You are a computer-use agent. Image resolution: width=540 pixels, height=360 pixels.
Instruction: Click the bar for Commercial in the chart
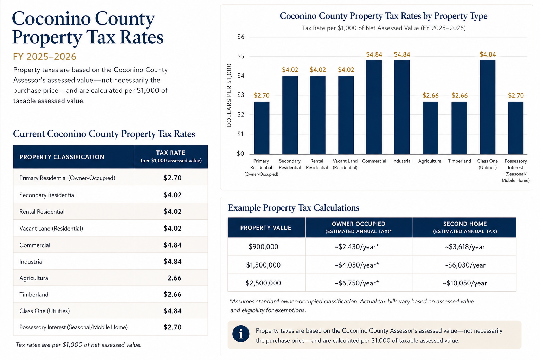(x=374, y=107)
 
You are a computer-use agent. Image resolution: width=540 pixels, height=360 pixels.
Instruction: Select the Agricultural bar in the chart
(x=430, y=128)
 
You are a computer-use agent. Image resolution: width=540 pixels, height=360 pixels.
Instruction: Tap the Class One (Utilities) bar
(x=488, y=107)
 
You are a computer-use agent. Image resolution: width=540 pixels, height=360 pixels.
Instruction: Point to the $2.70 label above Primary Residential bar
(x=262, y=96)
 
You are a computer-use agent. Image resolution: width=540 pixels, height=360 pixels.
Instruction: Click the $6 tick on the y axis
(x=241, y=37)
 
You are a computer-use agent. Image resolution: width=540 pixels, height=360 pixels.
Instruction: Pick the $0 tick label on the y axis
(x=240, y=154)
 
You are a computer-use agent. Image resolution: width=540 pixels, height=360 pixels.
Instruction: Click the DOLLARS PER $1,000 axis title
(x=229, y=95)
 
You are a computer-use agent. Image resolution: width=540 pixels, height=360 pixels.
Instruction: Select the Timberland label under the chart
(x=459, y=161)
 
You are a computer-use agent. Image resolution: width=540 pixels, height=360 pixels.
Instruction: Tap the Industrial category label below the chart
(x=402, y=161)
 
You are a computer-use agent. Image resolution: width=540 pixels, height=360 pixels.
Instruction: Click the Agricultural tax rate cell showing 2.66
(x=174, y=278)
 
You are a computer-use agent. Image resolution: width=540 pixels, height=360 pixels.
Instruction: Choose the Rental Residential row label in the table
(x=42, y=212)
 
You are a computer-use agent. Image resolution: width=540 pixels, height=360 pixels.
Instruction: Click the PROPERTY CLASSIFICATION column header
(x=62, y=157)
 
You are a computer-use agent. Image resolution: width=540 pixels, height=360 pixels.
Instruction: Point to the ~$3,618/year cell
(x=465, y=247)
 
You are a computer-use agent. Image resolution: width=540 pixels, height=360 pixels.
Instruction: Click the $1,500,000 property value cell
(x=263, y=265)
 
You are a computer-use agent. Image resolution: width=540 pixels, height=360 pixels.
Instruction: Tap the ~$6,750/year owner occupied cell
(x=357, y=283)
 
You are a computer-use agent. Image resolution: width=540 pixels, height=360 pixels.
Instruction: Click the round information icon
(x=241, y=334)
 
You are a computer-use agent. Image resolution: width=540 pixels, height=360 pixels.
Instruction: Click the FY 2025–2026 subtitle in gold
(x=45, y=57)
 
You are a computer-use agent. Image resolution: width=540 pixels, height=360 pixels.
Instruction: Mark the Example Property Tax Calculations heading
(x=294, y=208)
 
